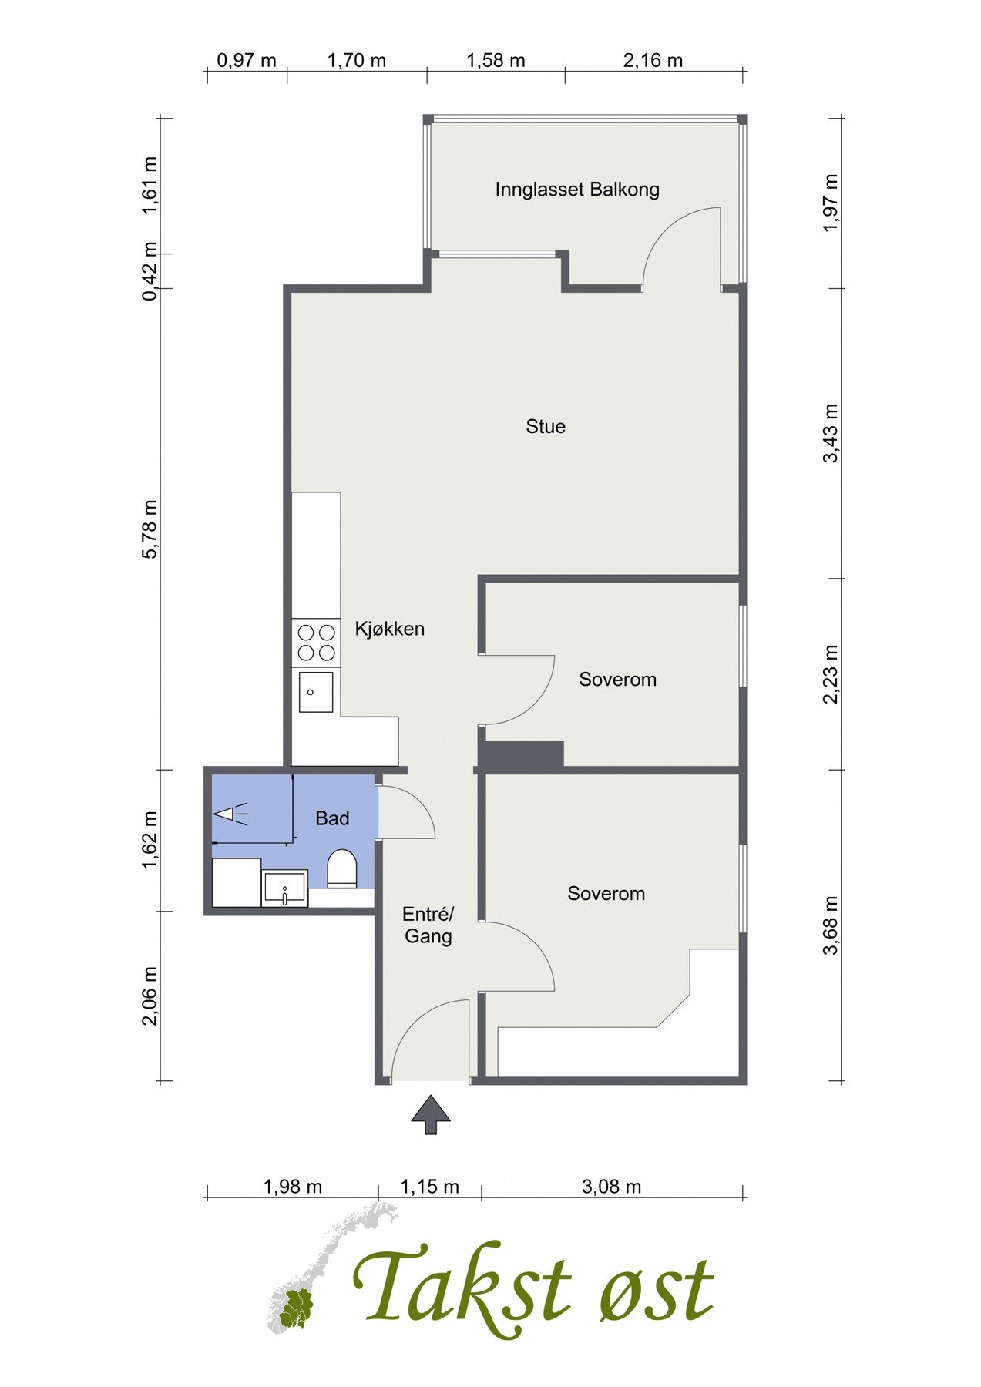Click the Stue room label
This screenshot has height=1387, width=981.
[x=546, y=426]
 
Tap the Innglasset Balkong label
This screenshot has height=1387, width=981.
[x=576, y=190]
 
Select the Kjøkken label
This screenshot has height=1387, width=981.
[x=389, y=629]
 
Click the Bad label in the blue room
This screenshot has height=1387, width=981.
[x=332, y=818]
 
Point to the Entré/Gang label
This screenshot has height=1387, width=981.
[x=428, y=925]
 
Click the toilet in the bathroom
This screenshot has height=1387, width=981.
[x=342, y=869]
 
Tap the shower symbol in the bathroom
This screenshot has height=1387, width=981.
[x=230, y=814]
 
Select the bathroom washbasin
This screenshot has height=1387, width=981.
[x=284, y=888]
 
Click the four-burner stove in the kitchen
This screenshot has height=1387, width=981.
[x=316, y=643]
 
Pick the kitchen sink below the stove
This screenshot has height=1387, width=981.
[x=316, y=691]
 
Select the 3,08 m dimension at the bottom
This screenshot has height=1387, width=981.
[x=611, y=1187]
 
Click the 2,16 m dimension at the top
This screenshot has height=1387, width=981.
[x=653, y=61]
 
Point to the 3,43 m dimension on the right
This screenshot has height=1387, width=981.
[x=831, y=433]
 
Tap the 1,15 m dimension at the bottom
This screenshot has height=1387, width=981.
[x=429, y=1187]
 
